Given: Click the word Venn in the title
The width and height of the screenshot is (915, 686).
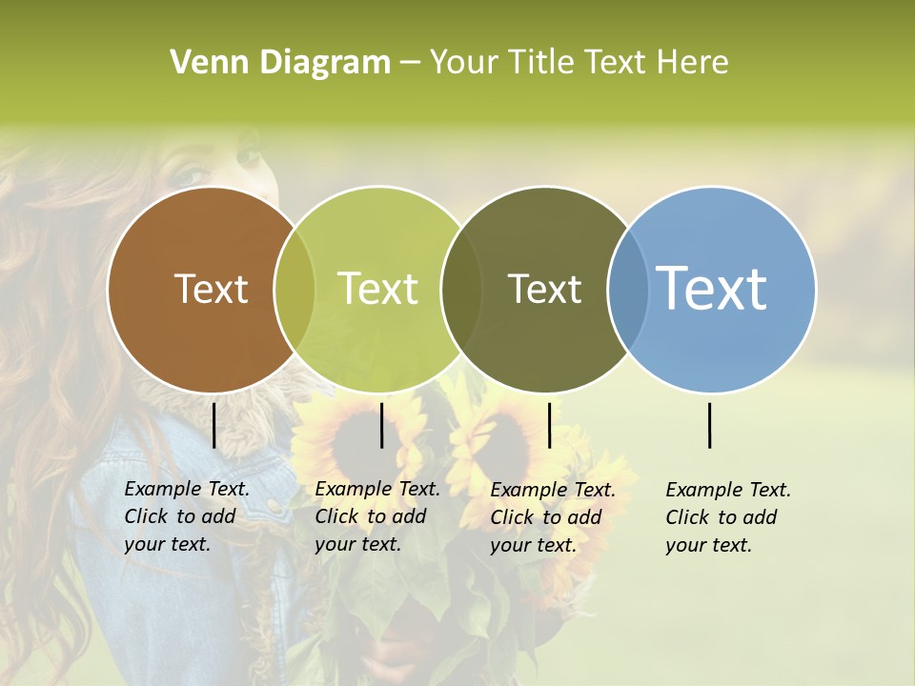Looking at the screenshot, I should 200,63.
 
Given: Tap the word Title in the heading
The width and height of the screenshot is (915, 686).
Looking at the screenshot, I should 543,63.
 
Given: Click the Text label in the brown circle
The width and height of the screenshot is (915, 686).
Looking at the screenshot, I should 211,289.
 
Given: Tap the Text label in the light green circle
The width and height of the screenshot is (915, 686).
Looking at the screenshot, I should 377,289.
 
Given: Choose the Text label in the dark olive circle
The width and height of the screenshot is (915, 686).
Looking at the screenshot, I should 544,289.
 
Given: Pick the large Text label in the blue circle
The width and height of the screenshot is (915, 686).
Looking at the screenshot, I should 712,288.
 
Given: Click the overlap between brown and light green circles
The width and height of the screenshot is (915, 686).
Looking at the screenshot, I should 295,289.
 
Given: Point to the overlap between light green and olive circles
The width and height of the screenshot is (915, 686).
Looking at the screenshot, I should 461,289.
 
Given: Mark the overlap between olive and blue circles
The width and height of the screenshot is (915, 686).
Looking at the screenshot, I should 624,289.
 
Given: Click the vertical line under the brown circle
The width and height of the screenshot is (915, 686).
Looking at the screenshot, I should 213,425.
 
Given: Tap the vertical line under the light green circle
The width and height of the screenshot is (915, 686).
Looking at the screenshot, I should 381,425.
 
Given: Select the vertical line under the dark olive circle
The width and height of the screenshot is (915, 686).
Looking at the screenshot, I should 549,425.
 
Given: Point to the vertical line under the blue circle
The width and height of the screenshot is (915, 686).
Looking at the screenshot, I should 710,425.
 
